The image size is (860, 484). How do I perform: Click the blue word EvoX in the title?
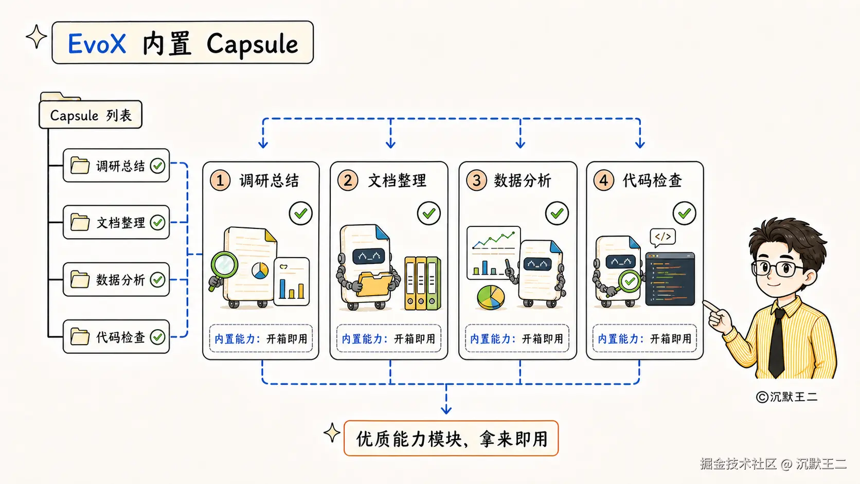tap(97, 44)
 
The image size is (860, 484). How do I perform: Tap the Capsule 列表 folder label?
tap(91, 115)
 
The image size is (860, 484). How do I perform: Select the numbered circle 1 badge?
tap(220, 181)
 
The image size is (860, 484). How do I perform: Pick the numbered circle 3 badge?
tap(476, 181)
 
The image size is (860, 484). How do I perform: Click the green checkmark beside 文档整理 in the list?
tap(157, 222)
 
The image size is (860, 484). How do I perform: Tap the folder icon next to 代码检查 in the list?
tap(80, 336)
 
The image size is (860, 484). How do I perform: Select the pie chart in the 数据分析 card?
tap(490, 297)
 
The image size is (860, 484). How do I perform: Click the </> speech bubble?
tap(662, 237)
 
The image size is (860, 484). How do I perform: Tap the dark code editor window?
tap(670, 279)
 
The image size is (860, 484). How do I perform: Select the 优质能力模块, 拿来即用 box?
tap(451, 438)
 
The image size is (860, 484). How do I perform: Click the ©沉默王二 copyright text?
tap(786, 397)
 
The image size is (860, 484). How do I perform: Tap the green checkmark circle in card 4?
tap(684, 213)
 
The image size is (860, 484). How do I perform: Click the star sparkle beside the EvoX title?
tap(37, 37)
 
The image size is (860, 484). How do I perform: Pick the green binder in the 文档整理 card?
tap(433, 283)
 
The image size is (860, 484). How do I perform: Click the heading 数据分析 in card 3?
tap(523, 181)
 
